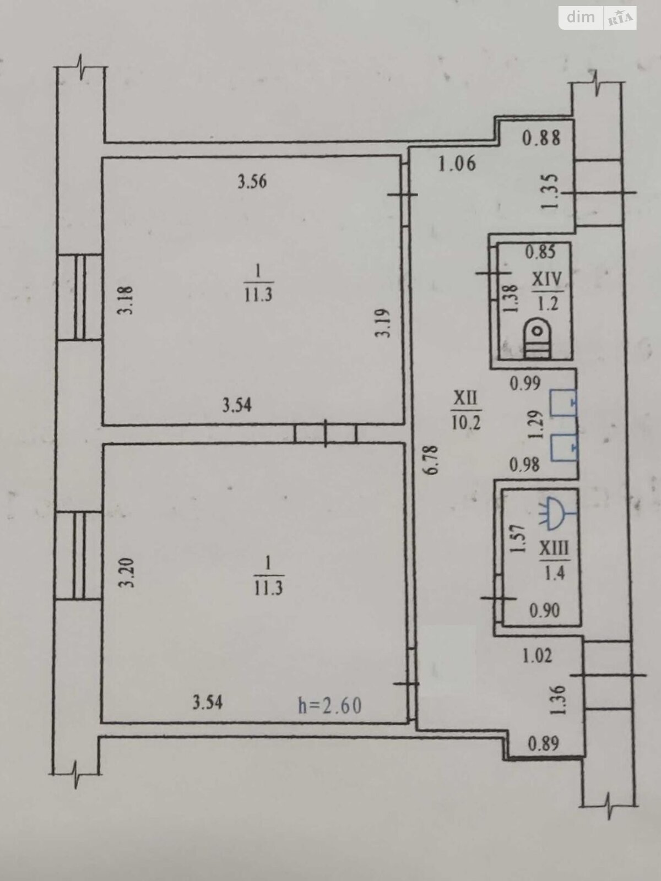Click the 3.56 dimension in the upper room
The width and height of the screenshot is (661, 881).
[x=252, y=181]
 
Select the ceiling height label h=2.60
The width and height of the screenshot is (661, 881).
[x=329, y=705]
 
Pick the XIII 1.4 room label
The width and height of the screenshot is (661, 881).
[x=554, y=560]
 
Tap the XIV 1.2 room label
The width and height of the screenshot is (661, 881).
[x=547, y=290]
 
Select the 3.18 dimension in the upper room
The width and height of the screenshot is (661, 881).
[x=127, y=300]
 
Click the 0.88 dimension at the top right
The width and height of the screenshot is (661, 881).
[x=541, y=137]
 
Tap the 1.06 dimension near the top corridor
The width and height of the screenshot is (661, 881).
[x=457, y=164]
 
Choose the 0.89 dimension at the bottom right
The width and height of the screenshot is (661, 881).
[x=543, y=744]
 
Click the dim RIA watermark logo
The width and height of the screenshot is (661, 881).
[x=598, y=18]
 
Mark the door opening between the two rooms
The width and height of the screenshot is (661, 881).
[x=326, y=433]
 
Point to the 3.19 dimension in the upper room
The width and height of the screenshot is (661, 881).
[x=384, y=323]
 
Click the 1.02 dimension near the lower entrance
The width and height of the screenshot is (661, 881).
[x=537, y=656]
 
